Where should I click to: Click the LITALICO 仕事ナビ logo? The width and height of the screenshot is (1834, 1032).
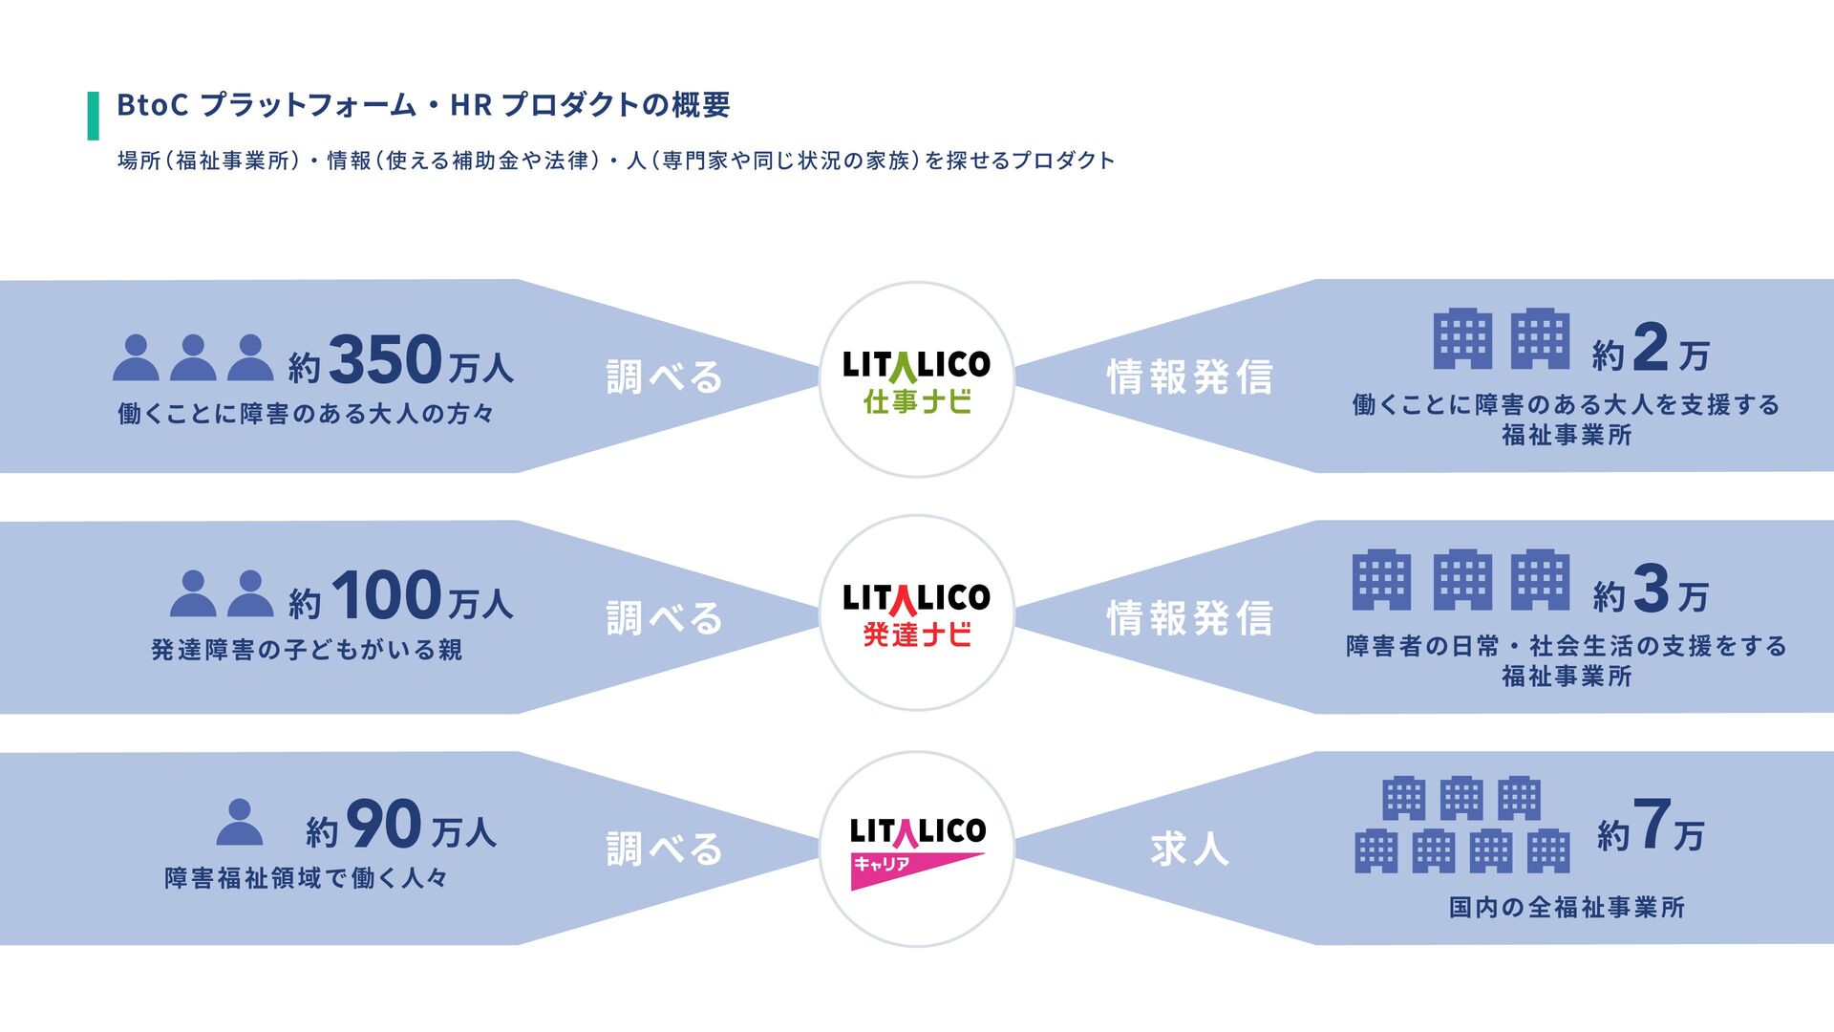coord(916,379)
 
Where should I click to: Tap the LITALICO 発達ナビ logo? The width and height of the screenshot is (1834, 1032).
coord(916,613)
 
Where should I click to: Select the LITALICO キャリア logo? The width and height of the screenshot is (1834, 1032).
coord(916,849)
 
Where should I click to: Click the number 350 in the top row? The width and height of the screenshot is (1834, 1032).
coord(385,360)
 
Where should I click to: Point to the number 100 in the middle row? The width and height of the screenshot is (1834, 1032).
coord(387,596)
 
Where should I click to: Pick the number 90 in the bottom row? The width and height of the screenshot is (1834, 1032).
coord(383,826)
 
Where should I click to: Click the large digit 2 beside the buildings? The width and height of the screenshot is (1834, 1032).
coord(1651,348)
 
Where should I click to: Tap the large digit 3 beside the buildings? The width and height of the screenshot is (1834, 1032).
coord(1651,589)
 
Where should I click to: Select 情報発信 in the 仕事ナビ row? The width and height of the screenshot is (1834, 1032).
coord(1189,377)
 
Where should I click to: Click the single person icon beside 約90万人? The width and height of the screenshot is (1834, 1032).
coord(239,823)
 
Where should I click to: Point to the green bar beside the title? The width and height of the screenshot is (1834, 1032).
coord(93,116)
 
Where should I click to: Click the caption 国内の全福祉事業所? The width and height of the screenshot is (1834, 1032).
coord(1567,908)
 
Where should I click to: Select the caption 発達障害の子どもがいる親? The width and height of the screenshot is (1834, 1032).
coord(307,651)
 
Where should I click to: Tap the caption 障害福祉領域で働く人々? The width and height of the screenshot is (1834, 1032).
coord(307,878)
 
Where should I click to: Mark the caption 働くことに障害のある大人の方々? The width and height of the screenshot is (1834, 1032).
coord(307,414)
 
